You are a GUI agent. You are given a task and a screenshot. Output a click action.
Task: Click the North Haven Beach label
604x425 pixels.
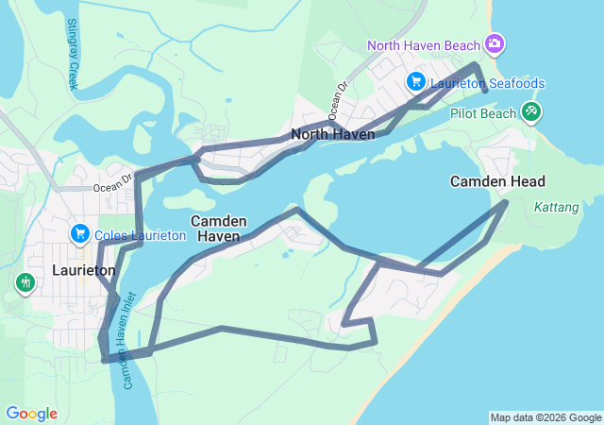click(423, 44)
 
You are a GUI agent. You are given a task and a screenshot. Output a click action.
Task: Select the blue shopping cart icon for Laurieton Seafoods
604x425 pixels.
click(415, 82)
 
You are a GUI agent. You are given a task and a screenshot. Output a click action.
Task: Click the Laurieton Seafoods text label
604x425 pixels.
click(488, 83)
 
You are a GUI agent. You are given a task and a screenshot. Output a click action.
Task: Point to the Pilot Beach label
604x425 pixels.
click(483, 113)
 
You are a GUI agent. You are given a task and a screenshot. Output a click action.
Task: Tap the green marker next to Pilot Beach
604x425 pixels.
click(531, 112)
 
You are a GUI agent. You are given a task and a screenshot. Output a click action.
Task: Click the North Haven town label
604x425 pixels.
click(333, 134)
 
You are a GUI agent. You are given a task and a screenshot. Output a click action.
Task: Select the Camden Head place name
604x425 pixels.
click(497, 181)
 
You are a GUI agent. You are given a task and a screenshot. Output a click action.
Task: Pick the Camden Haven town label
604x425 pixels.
click(219, 229)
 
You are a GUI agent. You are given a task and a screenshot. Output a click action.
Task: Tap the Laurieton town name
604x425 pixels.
click(84, 270)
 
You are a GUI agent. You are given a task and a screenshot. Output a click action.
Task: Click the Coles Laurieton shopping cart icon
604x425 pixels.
click(80, 233)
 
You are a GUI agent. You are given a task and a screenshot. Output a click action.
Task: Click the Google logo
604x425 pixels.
click(31, 414)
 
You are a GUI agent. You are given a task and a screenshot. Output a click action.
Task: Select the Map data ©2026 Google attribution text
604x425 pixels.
click(545, 417)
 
